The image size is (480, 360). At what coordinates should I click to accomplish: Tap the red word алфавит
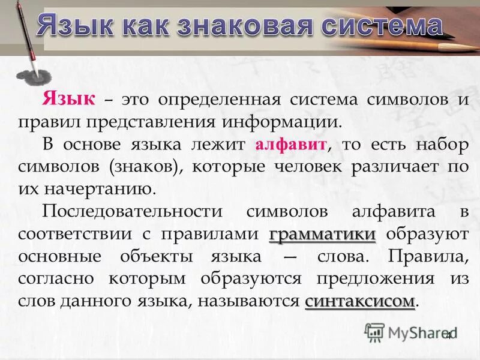coord(290,145)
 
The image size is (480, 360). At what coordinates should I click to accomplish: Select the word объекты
coord(157,256)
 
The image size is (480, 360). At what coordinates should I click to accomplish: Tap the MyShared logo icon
coord(375,332)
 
